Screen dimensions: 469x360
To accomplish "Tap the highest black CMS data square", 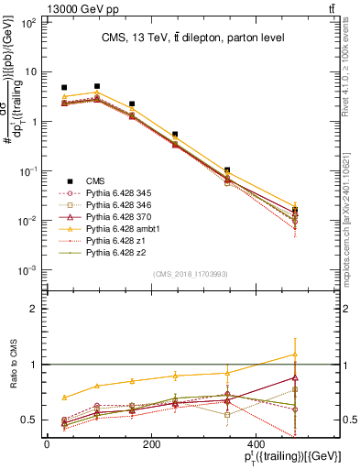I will coord(97,86).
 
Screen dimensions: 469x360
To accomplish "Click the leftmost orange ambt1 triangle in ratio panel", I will coord(64,398).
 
